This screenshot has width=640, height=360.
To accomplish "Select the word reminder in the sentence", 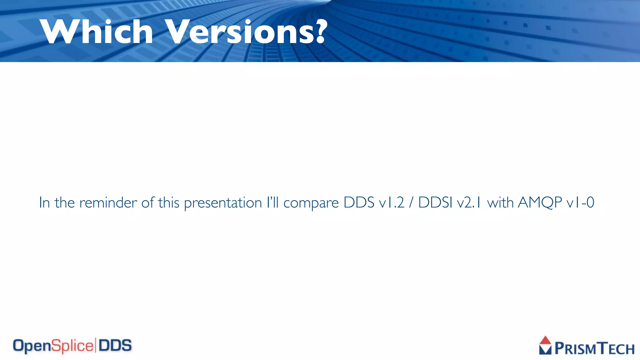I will pyautogui.click(x=108, y=202).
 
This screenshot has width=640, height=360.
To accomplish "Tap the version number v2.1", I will pyautogui.click(x=469, y=202).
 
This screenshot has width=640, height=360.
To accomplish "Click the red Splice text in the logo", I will pyautogui.click(x=72, y=346).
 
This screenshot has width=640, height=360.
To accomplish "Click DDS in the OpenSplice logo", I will pyautogui.click(x=115, y=346).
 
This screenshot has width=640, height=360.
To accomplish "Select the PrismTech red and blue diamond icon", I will pyautogui.click(x=545, y=345).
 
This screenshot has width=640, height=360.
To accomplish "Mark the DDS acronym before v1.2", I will pyautogui.click(x=359, y=202).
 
